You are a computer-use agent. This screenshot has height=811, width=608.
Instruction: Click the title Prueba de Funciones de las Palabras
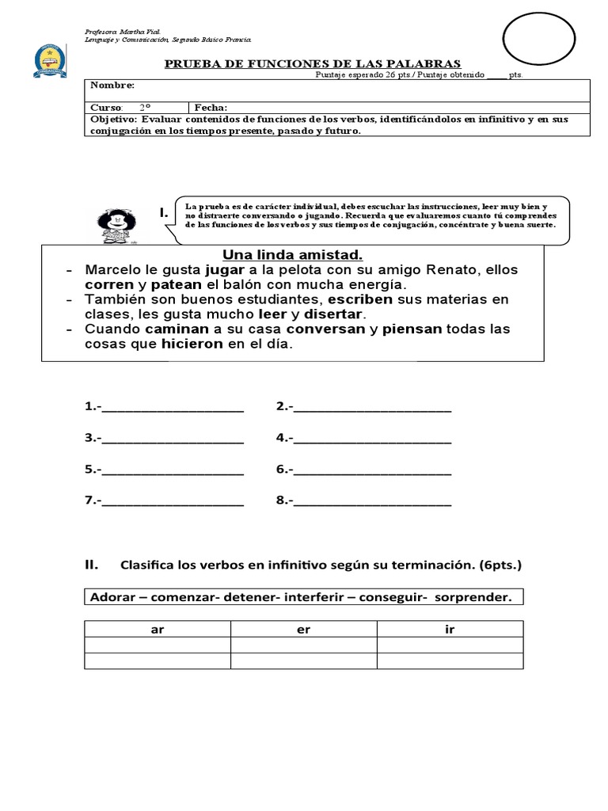point(313,63)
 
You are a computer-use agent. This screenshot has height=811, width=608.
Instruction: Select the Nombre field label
point(112,86)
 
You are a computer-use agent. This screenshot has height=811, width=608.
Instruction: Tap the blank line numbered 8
point(372,502)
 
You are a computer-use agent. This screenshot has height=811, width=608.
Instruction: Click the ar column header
point(157,630)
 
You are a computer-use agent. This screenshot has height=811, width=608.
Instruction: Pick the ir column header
point(450,630)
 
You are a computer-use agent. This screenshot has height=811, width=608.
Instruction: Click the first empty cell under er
point(303,645)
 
